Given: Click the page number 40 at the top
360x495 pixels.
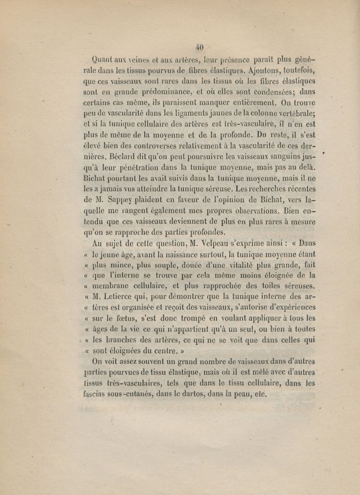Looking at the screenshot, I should click(x=199, y=47).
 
